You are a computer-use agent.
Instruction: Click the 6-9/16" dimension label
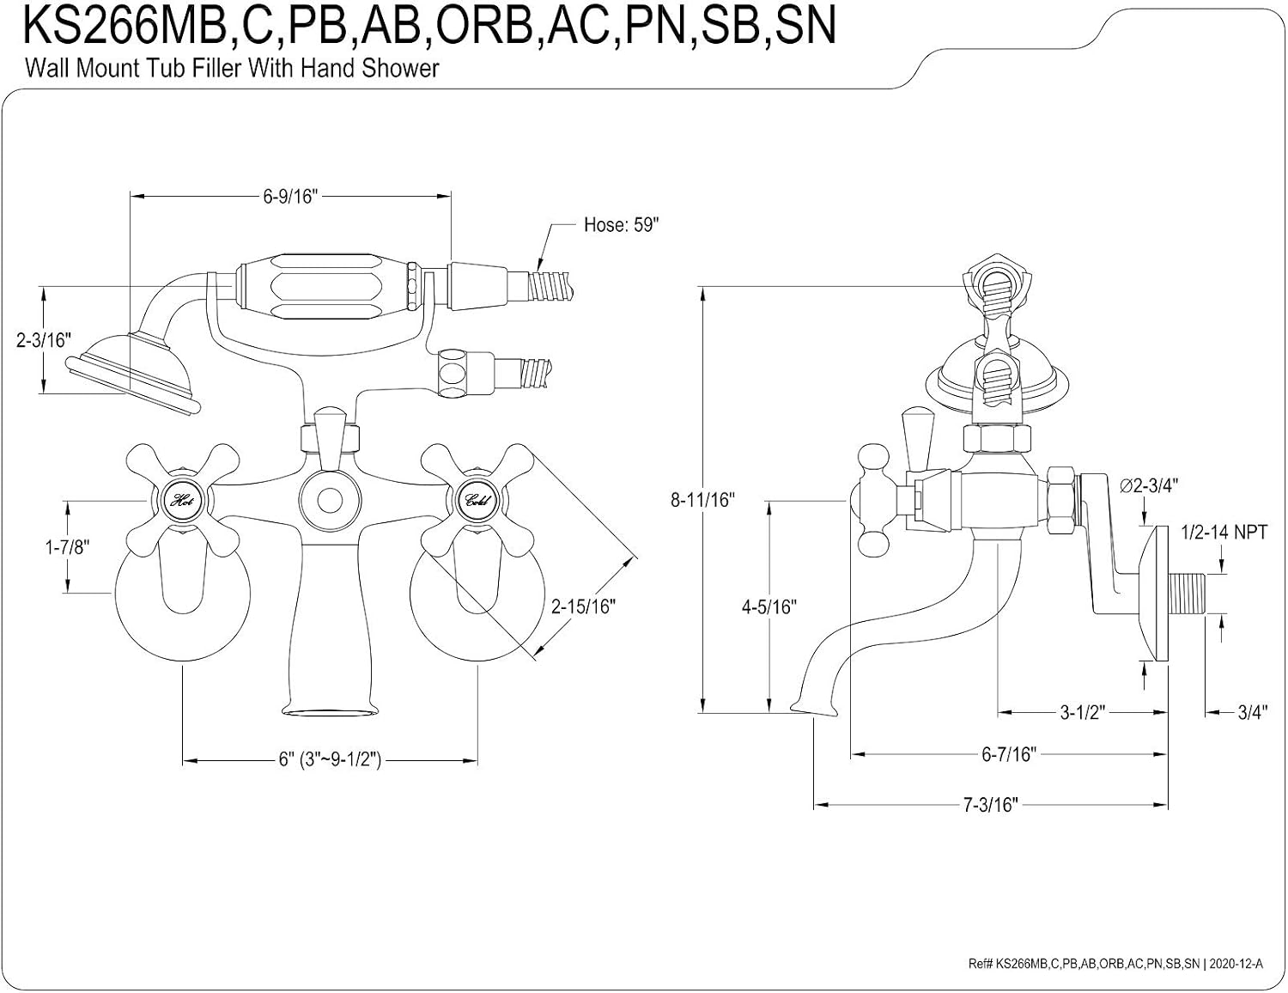click(290, 196)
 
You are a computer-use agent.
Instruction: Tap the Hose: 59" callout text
click(621, 225)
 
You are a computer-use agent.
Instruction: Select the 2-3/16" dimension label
click(43, 340)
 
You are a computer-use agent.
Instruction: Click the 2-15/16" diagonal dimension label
click(583, 606)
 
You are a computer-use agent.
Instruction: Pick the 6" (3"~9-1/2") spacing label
click(330, 759)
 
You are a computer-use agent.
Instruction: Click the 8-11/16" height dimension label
click(702, 500)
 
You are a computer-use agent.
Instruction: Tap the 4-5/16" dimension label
click(769, 606)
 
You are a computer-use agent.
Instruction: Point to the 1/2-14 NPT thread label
click(1224, 533)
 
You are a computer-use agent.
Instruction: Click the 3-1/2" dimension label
click(1083, 712)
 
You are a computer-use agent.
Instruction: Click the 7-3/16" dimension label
click(990, 805)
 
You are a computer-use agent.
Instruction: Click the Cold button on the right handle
click(477, 501)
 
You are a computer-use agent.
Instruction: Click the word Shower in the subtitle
click(400, 68)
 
